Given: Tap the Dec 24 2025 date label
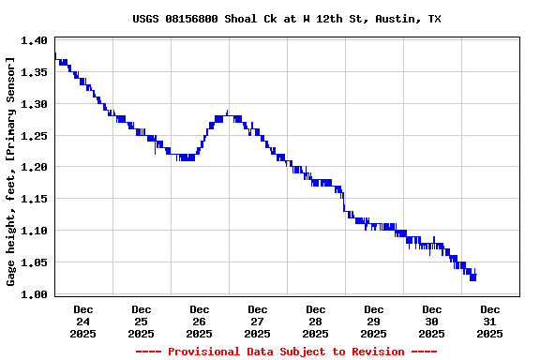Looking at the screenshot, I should pyautogui.click(x=83, y=321).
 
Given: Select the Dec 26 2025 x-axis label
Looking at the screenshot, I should pyautogui.click(x=200, y=321).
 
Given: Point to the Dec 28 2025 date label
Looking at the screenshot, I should pyautogui.click(x=316, y=321).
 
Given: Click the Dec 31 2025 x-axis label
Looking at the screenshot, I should pyautogui.click(x=490, y=321).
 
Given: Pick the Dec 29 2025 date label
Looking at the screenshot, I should pyautogui.click(x=374, y=321).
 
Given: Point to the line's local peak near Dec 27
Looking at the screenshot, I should pyautogui.click(x=228, y=112).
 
